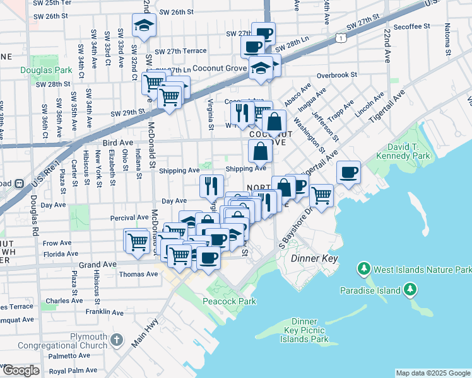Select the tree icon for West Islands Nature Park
[363, 270]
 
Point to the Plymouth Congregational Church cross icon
[116, 340]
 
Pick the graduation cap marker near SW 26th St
[144, 26]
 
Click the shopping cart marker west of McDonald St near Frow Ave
[137, 239]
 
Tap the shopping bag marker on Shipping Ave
[260, 151]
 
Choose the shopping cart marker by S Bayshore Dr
[321, 195]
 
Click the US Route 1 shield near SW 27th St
[340, 39]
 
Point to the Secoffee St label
[410, 27]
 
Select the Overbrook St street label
[337, 75]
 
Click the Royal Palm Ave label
[73, 370]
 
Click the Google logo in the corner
[20, 370]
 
